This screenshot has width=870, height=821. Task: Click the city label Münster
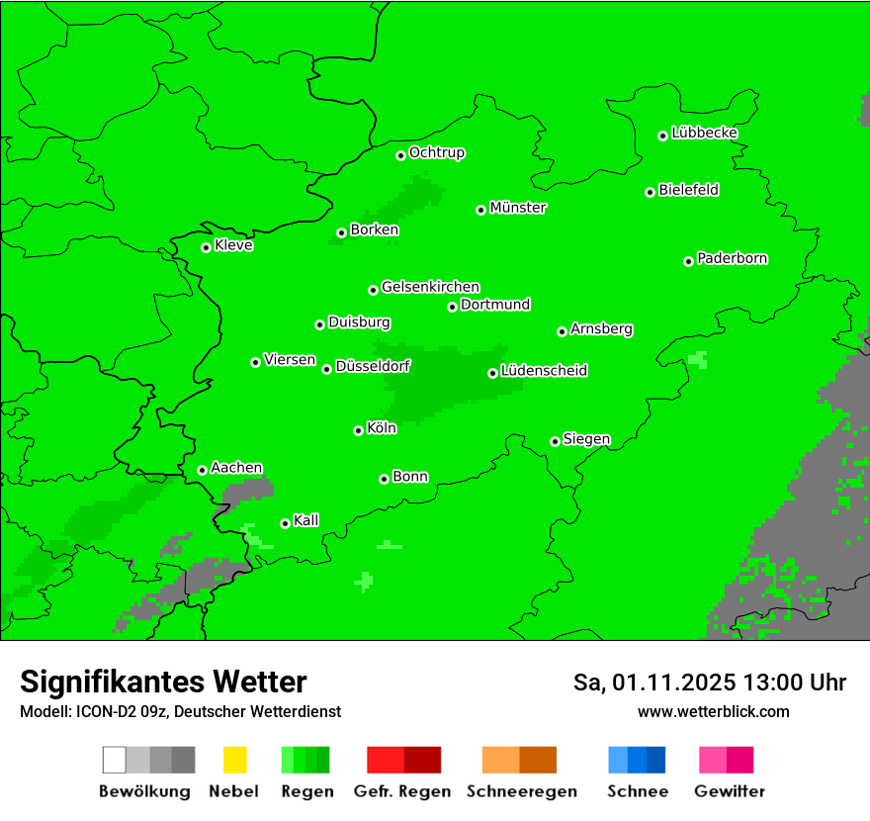(518, 209)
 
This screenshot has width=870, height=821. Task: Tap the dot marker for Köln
(358, 430)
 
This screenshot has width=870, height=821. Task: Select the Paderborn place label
(733, 259)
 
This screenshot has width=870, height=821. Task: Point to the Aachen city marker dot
(202, 470)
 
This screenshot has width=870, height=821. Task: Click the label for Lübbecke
(705, 134)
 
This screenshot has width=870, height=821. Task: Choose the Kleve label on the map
(234, 245)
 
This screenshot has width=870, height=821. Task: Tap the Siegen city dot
(555, 441)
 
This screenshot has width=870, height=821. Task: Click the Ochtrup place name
(437, 153)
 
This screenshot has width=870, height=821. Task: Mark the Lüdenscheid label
(545, 371)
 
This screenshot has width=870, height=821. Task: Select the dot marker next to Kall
(285, 523)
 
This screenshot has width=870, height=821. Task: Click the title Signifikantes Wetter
(163, 682)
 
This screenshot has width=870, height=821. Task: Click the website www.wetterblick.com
(713, 711)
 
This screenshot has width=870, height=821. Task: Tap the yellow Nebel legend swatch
(234, 760)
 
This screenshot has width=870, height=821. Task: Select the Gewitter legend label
(730, 791)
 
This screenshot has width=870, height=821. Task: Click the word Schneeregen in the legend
(519, 791)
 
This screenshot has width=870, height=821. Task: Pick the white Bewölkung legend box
(115, 760)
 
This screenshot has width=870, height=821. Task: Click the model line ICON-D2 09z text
(180, 711)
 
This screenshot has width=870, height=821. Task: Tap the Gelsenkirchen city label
(431, 288)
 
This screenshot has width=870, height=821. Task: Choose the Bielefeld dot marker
(651, 192)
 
